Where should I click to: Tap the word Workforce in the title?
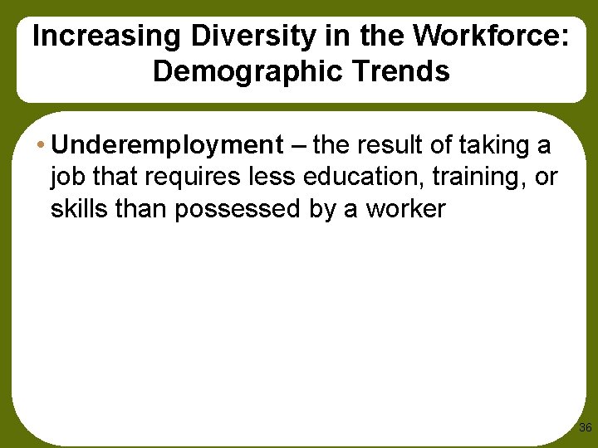coord(487,37)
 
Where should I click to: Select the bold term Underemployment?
coord(167,145)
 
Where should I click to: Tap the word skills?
coord(81,208)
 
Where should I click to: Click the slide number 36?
coord(585,428)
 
